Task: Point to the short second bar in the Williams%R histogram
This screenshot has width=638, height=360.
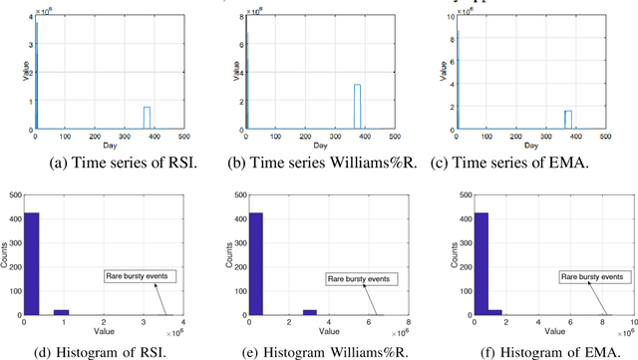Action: coord(309,312)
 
